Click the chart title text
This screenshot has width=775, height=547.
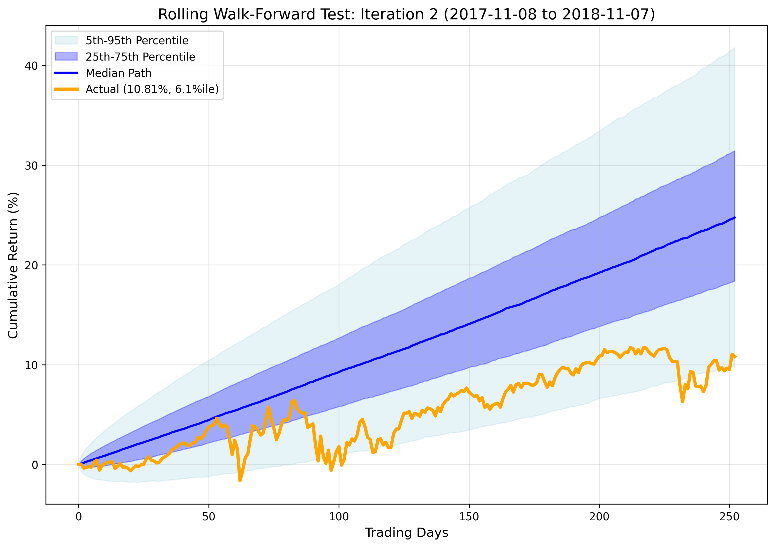(406, 14)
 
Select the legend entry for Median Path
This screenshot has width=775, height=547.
(118, 73)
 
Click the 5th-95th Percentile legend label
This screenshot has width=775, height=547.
(137, 41)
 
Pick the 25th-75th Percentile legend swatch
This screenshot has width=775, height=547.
(66, 57)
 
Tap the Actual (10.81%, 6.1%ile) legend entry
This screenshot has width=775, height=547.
(152, 89)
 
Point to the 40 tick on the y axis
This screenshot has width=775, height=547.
(31, 65)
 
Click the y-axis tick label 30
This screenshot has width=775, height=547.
(31, 166)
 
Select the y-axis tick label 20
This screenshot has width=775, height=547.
(31, 265)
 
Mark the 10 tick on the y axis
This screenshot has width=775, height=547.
(31, 365)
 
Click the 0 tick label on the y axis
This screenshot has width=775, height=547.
(35, 465)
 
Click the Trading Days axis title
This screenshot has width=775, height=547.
(406, 533)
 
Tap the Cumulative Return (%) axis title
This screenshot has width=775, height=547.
(13, 265)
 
